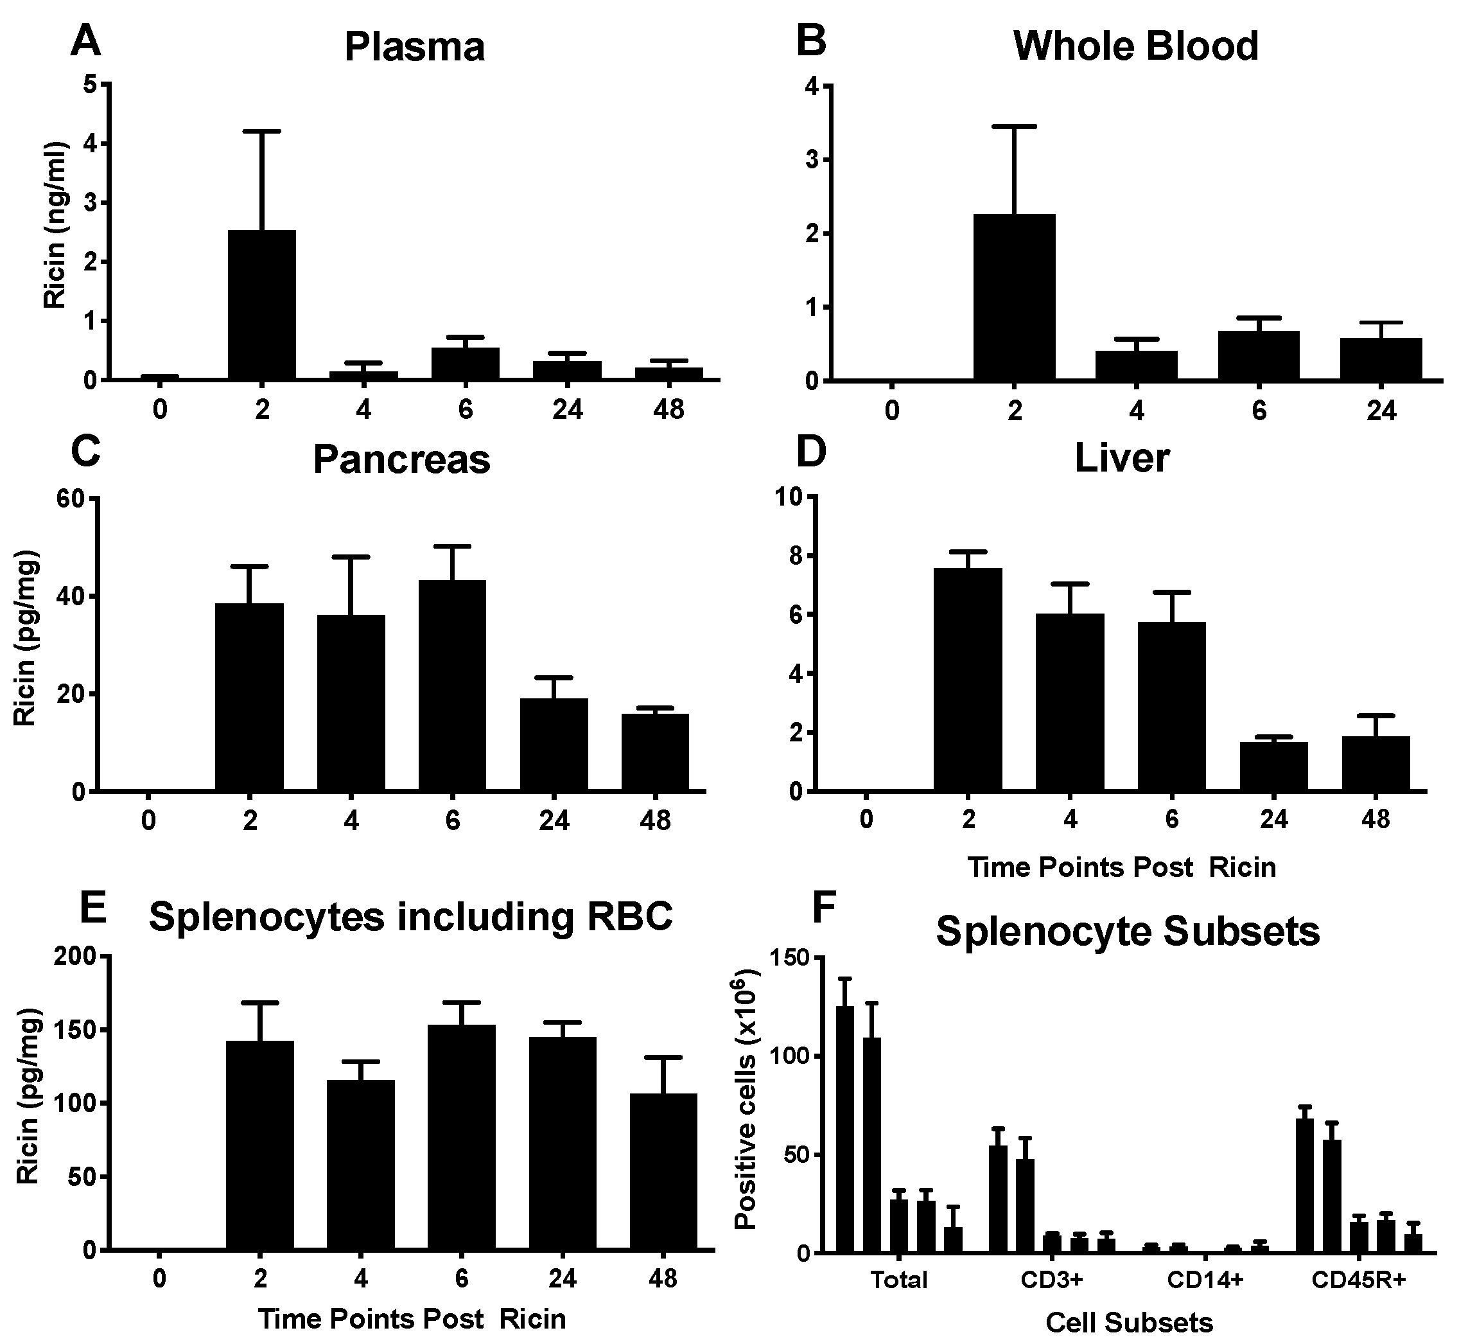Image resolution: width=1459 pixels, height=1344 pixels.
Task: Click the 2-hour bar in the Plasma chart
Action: (x=262, y=305)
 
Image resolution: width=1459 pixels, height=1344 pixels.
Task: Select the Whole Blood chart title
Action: (x=1135, y=46)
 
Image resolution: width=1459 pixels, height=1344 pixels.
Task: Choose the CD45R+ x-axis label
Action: (x=1359, y=1300)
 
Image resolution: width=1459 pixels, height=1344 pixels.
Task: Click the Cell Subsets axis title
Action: (x=1129, y=1332)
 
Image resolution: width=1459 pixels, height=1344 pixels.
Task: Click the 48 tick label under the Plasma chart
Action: (x=668, y=409)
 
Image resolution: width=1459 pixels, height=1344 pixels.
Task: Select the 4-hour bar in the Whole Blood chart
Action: (x=1136, y=366)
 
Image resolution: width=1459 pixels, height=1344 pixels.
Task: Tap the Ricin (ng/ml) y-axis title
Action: (x=55, y=225)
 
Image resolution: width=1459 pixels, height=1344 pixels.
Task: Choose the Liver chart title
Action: (x=1122, y=458)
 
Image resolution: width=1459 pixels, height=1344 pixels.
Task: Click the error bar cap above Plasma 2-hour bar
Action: (x=262, y=132)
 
